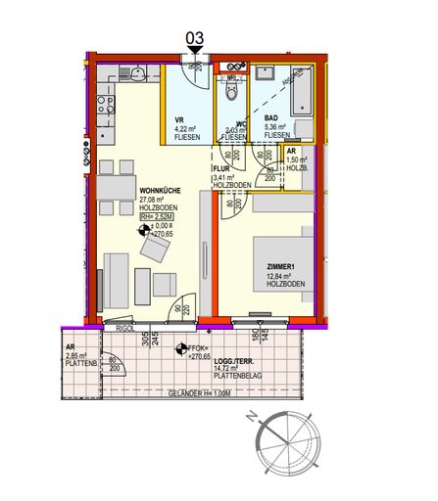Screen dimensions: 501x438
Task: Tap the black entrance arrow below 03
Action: pyautogui.click(x=195, y=51)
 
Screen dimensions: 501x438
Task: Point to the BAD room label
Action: pyautogui.click(x=271, y=116)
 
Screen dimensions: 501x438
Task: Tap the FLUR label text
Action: pyautogui.click(x=222, y=168)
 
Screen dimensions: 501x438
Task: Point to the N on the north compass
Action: pyautogui.click(x=253, y=416)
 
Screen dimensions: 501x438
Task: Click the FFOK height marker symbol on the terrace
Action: pyautogui.click(x=180, y=347)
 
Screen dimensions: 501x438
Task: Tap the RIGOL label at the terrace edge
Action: pyautogui.click(x=124, y=329)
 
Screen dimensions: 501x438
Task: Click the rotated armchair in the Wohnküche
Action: pyautogui.click(x=154, y=251)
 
